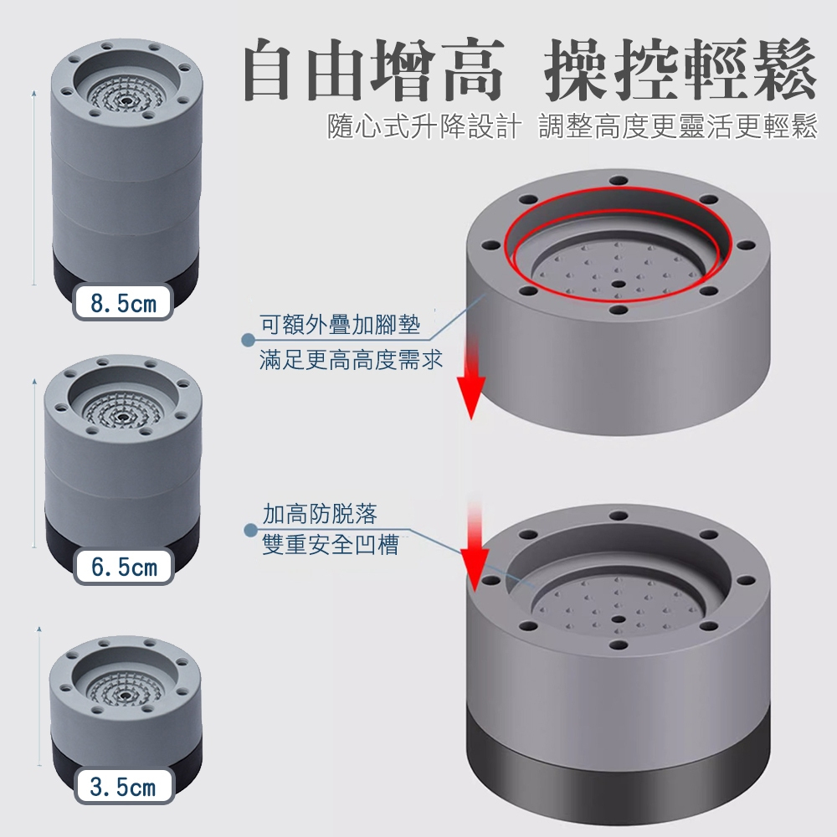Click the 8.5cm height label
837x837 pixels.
[123, 303]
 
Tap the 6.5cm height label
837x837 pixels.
[124, 567]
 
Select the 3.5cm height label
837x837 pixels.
[123, 786]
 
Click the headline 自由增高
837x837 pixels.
[373, 70]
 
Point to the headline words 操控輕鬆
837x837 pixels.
[680, 70]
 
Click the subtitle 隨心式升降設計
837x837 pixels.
[424, 126]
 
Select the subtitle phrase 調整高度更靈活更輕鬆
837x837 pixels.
[678, 126]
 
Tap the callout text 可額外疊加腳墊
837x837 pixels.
[340, 325]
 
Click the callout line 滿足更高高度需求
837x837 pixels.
[352, 359]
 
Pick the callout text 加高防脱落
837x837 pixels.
[320, 514]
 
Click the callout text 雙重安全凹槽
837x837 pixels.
[331, 545]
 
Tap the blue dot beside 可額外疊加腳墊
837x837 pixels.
[248, 340]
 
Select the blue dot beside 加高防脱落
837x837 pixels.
[250, 530]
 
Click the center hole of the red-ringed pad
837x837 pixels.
[619, 284]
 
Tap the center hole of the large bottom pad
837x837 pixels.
[619, 619]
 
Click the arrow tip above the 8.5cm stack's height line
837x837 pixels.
[34, 92]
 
